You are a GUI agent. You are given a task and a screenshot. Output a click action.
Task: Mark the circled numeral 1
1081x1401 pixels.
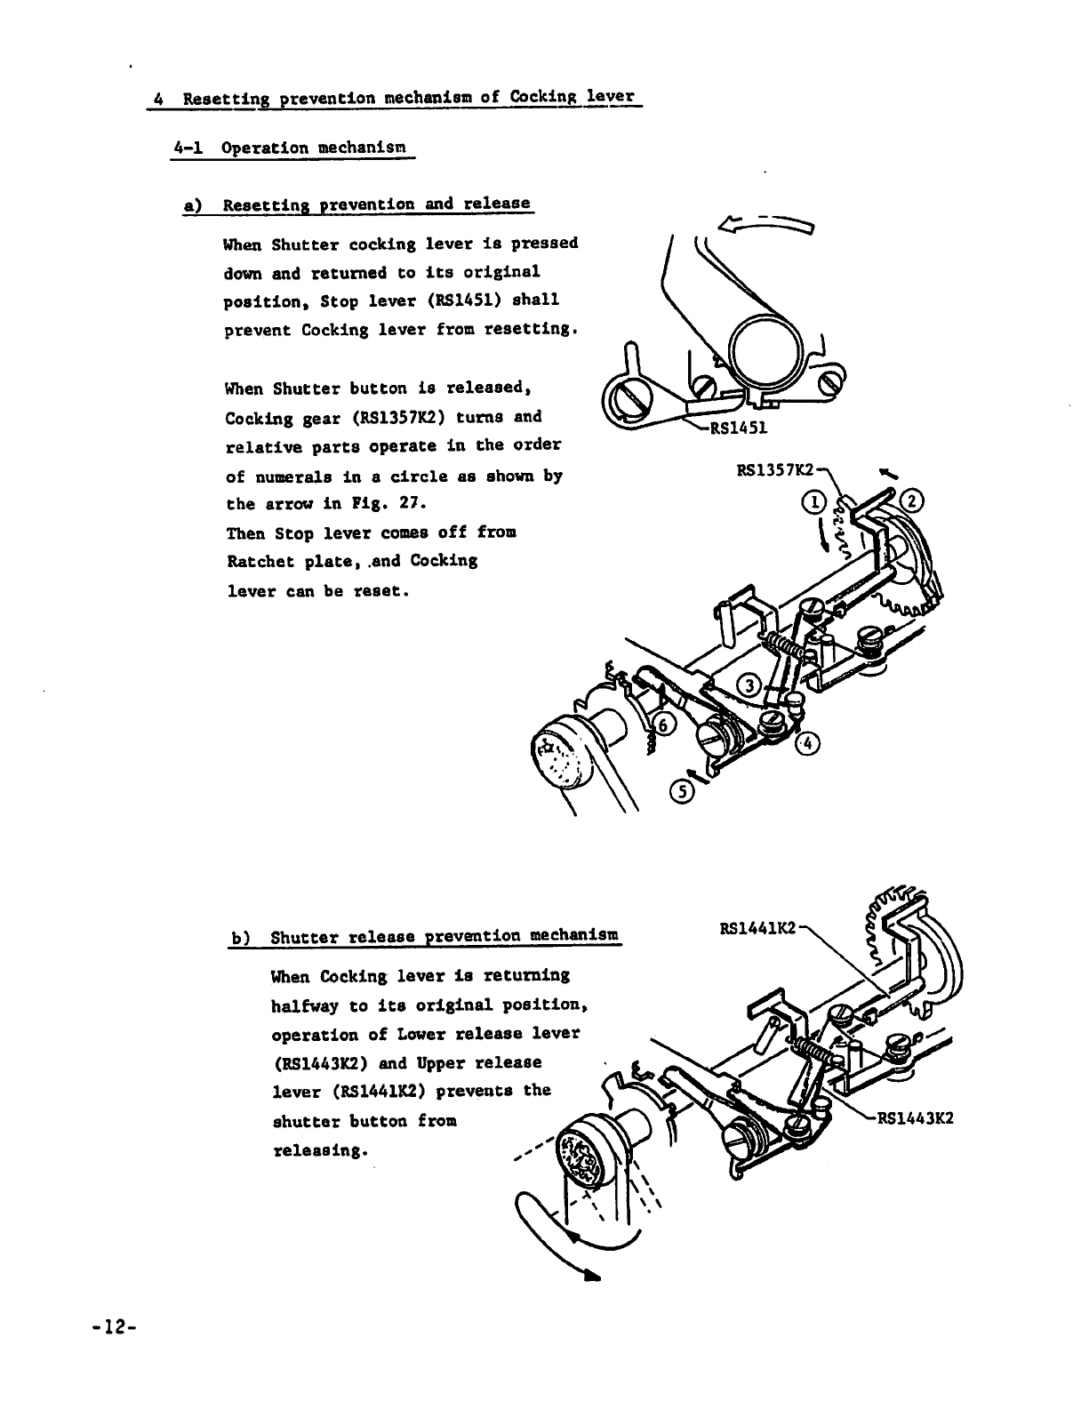click(816, 502)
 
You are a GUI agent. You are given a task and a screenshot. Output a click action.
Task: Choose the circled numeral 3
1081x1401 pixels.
click(751, 685)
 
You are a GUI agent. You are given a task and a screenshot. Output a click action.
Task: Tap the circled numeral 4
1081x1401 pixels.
click(805, 743)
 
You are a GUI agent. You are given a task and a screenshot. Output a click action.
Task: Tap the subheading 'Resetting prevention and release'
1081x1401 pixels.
click(376, 204)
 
